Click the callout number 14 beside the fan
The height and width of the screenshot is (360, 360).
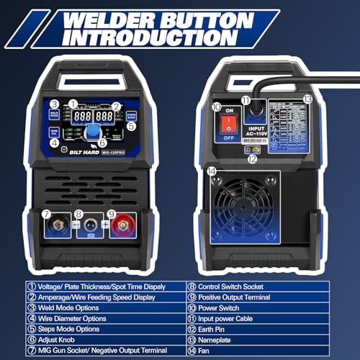tap(212, 171)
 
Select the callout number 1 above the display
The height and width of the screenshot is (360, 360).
tap(72, 102)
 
